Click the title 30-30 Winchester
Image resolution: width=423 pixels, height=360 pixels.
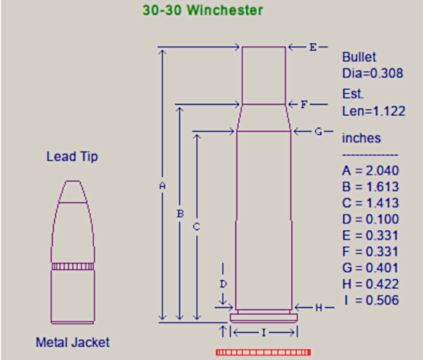tap(203, 10)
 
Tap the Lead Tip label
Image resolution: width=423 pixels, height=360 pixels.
tap(72, 157)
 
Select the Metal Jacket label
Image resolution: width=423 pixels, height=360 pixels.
tap(72, 342)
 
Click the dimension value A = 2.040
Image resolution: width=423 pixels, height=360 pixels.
tap(370, 171)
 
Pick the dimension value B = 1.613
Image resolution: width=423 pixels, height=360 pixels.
tap(370, 187)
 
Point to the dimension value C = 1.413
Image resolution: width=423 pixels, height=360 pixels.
tap(370, 203)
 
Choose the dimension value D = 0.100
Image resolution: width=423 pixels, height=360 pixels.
tap(370, 220)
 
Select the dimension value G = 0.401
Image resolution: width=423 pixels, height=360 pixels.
tap(370, 268)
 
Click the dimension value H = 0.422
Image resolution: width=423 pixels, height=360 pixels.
tap(370, 284)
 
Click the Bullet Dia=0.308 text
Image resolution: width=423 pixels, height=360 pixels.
tap(372, 65)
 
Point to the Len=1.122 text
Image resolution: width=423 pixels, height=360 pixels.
tap(373, 110)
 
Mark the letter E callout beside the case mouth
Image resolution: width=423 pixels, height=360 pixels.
tap(313, 47)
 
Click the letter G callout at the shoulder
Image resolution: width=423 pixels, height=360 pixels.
tap(319, 132)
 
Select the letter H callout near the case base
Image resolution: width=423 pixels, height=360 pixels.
tap(319, 307)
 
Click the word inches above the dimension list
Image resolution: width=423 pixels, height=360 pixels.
tap(362, 138)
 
